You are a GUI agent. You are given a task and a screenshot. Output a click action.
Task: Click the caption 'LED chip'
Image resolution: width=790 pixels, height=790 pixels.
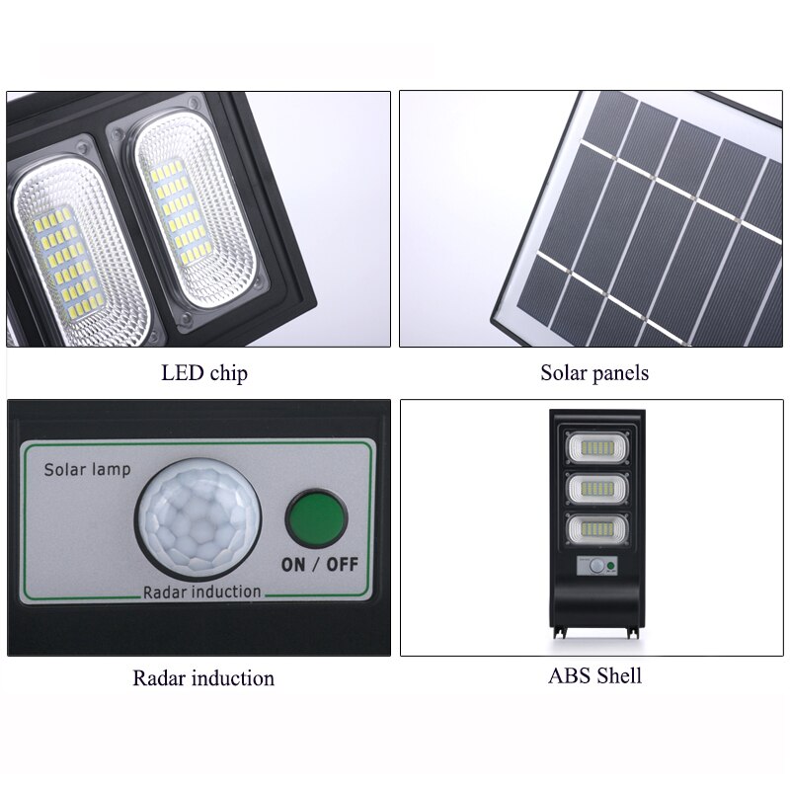coord(204,373)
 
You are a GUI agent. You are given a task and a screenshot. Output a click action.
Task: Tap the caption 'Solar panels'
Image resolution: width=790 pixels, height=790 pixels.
coord(594,373)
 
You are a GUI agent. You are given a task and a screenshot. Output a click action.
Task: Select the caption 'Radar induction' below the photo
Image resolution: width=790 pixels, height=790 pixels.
coord(203,678)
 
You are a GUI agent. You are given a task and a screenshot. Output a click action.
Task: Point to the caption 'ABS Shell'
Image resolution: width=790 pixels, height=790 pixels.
coord(595,675)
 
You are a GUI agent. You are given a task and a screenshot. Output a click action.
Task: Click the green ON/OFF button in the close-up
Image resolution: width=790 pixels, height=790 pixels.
coord(316,519)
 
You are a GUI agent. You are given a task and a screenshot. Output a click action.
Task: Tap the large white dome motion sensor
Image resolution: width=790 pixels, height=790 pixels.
coord(197,519)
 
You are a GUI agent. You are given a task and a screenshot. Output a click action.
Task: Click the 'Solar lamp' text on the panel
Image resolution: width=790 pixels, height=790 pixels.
coord(87,470)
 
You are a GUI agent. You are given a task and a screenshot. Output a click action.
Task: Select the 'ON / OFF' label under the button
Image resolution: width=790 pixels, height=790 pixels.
coord(320,564)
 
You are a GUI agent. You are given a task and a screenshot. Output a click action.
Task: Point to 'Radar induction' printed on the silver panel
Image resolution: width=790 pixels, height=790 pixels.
coord(202,592)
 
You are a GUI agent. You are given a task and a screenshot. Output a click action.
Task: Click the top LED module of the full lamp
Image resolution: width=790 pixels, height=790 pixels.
coord(597,448)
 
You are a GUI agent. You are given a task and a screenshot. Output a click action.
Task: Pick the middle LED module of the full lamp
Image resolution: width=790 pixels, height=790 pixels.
coord(597,489)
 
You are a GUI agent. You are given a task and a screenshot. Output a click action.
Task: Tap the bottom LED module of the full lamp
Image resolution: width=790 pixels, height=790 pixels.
coord(597,530)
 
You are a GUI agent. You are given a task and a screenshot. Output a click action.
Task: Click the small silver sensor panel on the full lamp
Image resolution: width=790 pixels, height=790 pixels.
coord(597,566)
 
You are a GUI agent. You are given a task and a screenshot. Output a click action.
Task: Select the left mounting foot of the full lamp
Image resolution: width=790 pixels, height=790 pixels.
coord(560,632)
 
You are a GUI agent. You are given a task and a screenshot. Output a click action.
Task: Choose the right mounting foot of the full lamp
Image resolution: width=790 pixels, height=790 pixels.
coord(633,632)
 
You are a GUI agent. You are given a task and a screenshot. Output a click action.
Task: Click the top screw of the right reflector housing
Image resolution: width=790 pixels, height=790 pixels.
coord(193,104)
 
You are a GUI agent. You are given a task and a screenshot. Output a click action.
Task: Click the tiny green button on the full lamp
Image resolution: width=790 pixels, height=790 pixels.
coord(610,565)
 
